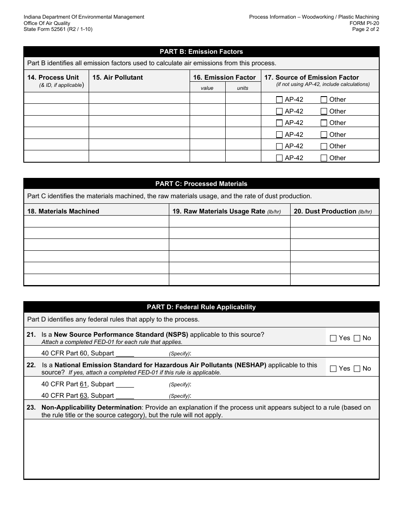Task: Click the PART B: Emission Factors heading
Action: [201, 52]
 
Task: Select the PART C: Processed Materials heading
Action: [201, 184]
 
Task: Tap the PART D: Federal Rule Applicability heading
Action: [201, 307]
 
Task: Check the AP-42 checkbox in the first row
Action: [279, 100]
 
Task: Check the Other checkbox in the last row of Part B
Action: [324, 158]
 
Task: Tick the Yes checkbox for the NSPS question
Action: [333, 338]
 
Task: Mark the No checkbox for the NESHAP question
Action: [357, 369]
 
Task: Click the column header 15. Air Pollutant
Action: [118, 78]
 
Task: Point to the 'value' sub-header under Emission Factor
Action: [207, 88]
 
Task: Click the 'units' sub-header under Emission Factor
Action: [243, 88]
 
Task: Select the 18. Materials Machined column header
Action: [63, 211]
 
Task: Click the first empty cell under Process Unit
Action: [56, 99]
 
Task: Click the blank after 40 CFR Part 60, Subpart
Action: [125, 353]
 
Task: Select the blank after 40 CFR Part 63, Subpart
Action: [125, 396]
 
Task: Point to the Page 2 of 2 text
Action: [366, 29]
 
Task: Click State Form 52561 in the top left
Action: [58, 29]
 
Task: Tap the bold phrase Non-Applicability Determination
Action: [92, 407]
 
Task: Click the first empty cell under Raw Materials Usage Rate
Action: [229, 222]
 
